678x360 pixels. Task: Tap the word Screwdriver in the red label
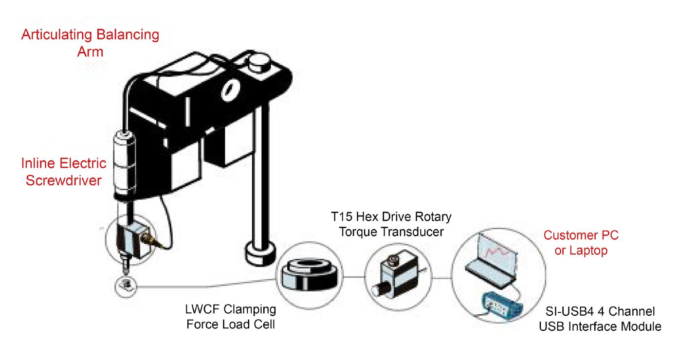[x=63, y=180]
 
